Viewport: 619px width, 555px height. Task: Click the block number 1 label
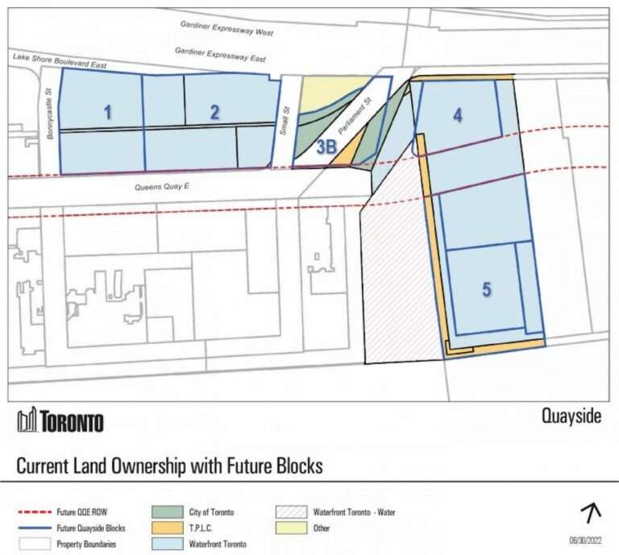pos(108,113)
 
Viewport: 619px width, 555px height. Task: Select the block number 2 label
pos(214,113)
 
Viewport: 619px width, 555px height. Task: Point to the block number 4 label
pos(458,116)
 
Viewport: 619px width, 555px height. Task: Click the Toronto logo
pos(60,420)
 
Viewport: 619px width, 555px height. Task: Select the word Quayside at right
pos(571,416)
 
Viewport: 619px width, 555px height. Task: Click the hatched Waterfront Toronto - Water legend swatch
pos(290,512)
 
